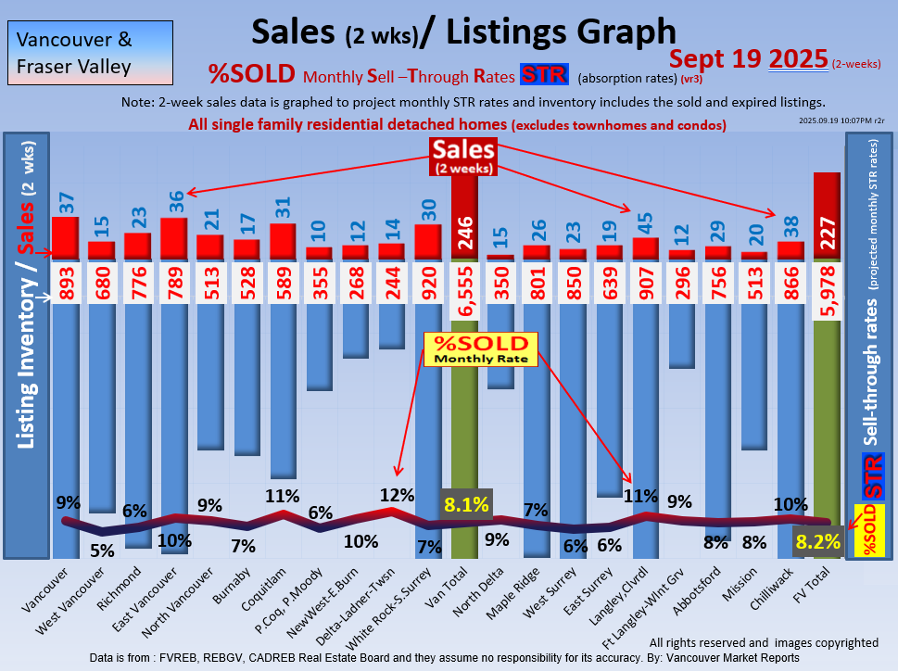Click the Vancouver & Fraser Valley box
point(74,54)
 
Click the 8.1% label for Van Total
point(467,505)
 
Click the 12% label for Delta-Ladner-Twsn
point(396,495)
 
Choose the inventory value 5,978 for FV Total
point(828,291)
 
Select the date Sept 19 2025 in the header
point(748,59)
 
